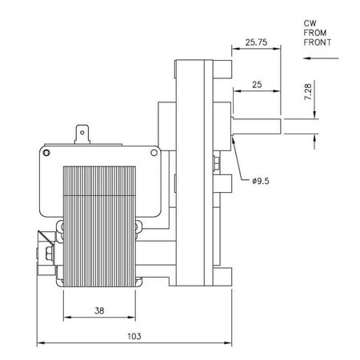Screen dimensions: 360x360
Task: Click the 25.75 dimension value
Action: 256,42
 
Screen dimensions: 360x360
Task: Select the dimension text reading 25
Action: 257,85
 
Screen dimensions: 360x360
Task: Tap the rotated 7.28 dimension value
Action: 308,92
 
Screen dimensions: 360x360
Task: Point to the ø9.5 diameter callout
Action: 261,181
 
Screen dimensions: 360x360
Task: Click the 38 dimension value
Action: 99,310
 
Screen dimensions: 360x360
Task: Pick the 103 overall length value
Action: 134,336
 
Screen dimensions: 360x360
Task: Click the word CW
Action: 310,23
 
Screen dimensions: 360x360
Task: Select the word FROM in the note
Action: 315,33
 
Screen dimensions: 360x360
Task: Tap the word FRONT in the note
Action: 318,42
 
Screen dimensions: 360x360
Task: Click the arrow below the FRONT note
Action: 321,58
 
